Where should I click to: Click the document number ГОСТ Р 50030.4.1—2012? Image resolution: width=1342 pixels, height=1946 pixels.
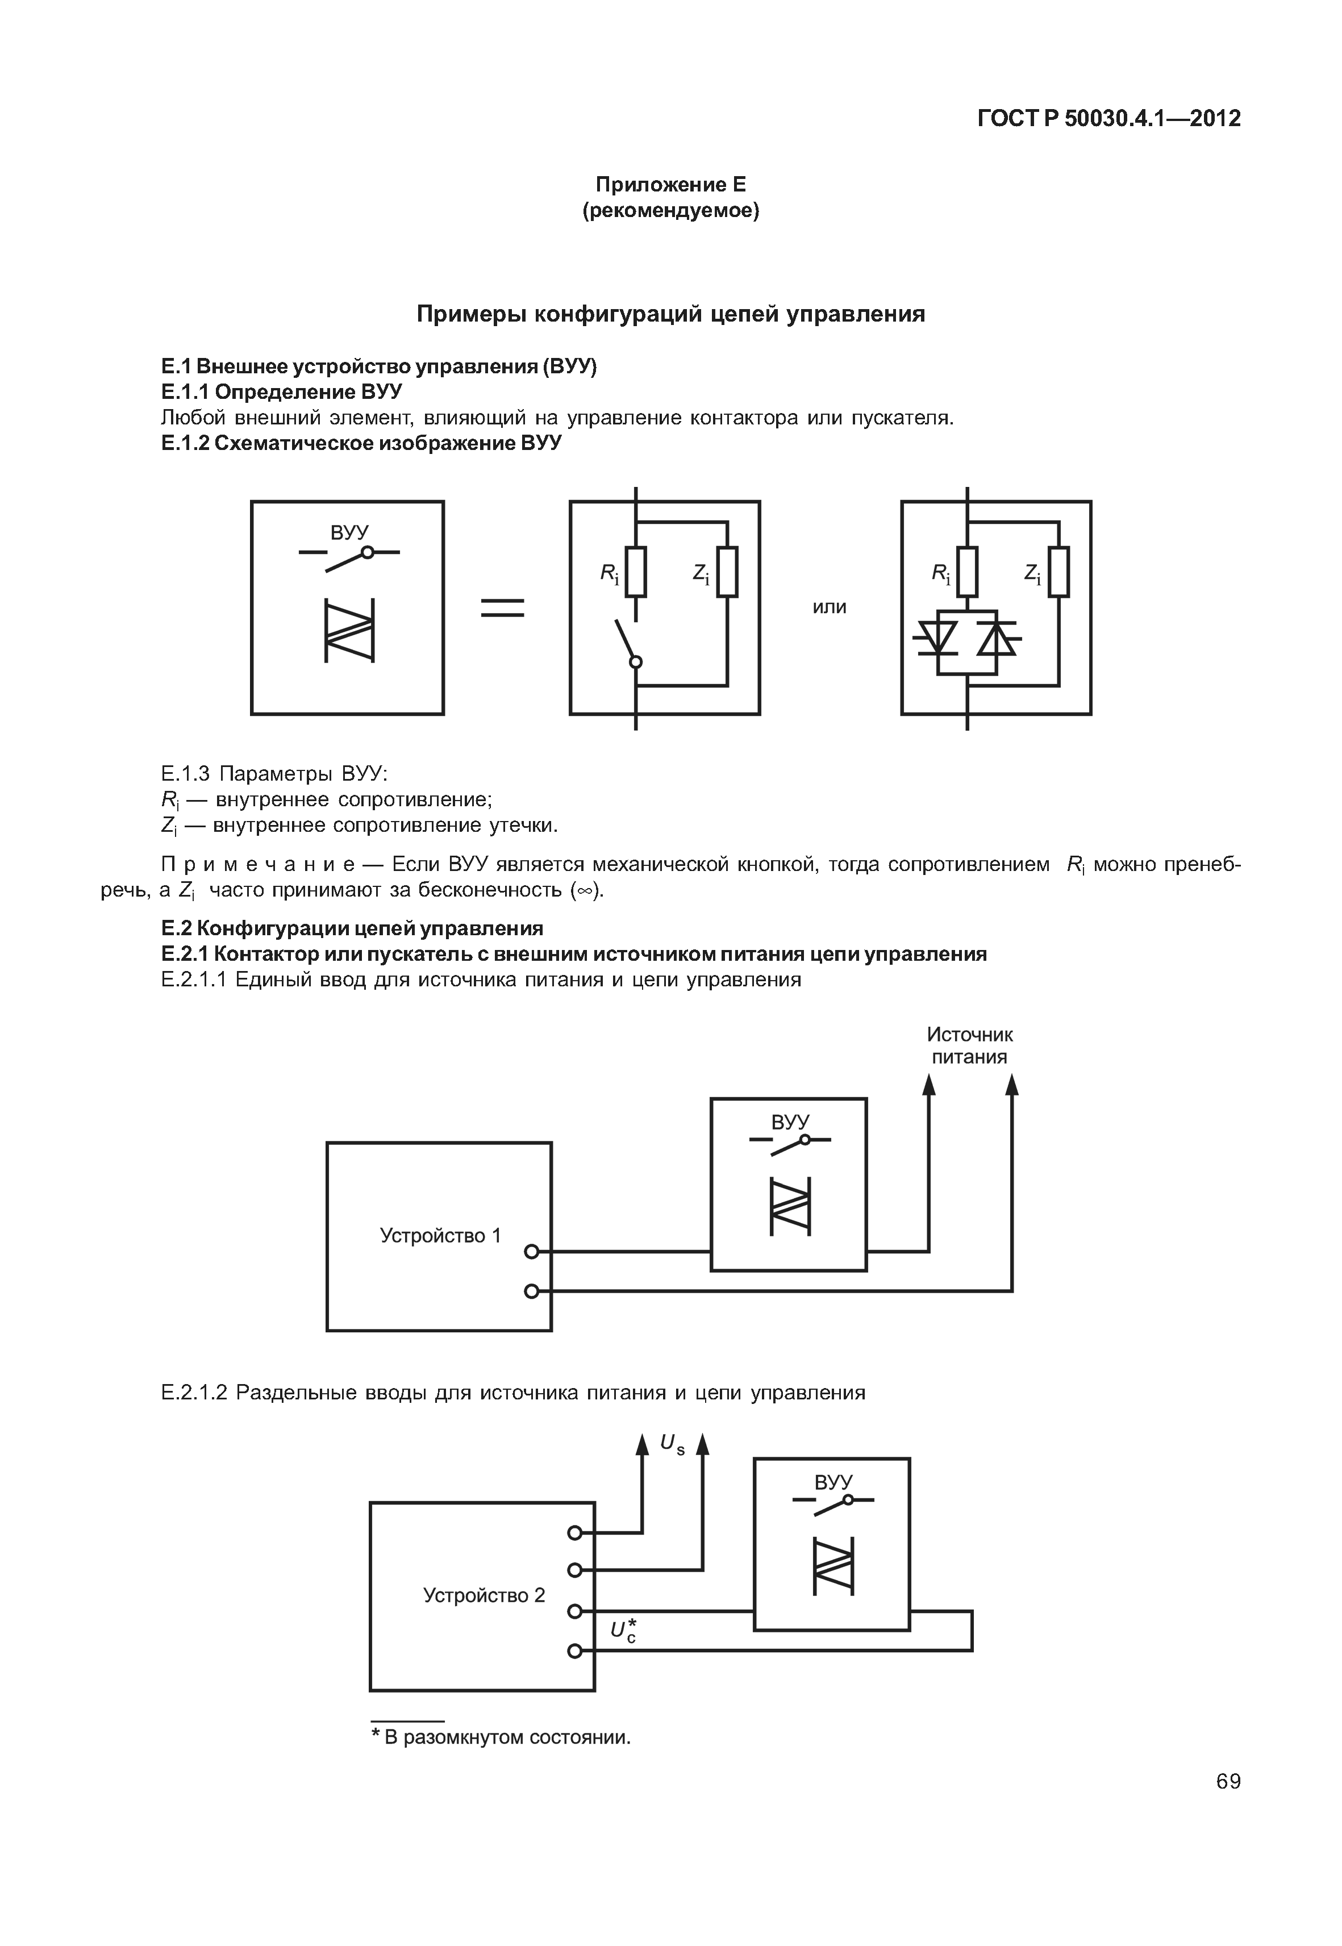click(x=1108, y=119)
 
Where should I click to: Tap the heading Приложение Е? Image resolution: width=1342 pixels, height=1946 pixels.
click(x=670, y=184)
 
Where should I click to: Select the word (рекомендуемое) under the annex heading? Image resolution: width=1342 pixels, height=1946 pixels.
click(x=670, y=210)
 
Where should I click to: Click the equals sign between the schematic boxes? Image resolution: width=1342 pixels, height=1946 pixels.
click(x=502, y=607)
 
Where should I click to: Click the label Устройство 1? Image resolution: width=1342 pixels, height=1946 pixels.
click(x=440, y=1235)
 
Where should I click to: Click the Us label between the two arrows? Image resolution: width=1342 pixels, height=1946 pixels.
click(x=672, y=1444)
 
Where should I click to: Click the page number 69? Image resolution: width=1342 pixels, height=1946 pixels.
click(x=1228, y=1781)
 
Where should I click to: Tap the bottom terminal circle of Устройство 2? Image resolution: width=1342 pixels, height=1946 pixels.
click(x=574, y=1651)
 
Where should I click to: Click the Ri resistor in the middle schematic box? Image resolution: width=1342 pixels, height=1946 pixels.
click(x=636, y=572)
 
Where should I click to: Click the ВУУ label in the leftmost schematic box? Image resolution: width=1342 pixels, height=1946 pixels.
click(x=349, y=532)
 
